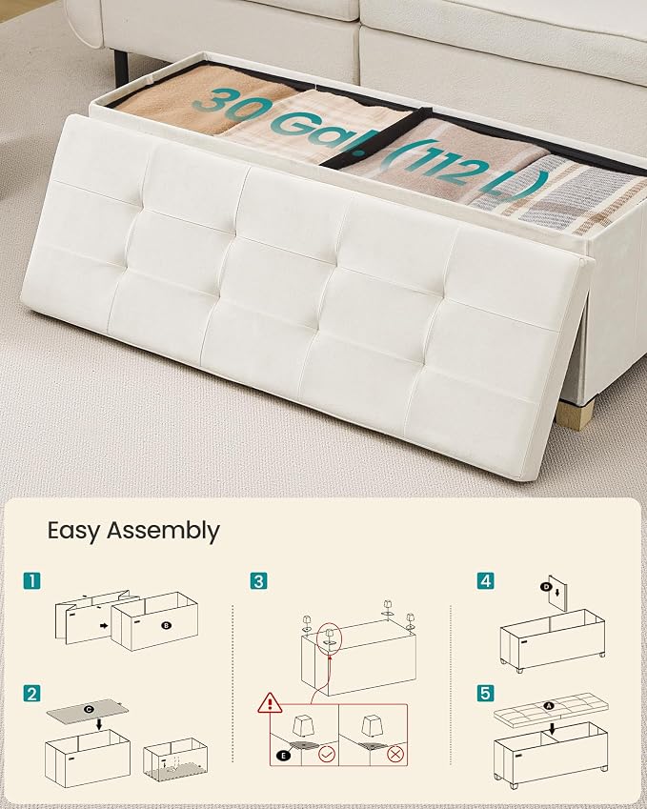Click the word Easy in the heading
coord(73,531)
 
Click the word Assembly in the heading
coord(163,531)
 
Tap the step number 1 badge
coord(32,581)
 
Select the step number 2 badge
coord(32,694)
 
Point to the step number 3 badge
coord(258,581)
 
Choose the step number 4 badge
coord(485,581)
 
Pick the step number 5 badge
coord(485,693)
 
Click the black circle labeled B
coord(166,625)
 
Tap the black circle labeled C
coord(89,710)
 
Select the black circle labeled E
coord(282,756)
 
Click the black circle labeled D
coord(545,586)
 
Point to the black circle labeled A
coord(549,706)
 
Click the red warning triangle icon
coord(270,703)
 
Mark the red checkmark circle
coord(327,755)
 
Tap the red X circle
coord(395,755)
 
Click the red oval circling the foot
coord(330,638)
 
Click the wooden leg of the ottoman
coord(576,414)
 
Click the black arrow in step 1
coord(104,626)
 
